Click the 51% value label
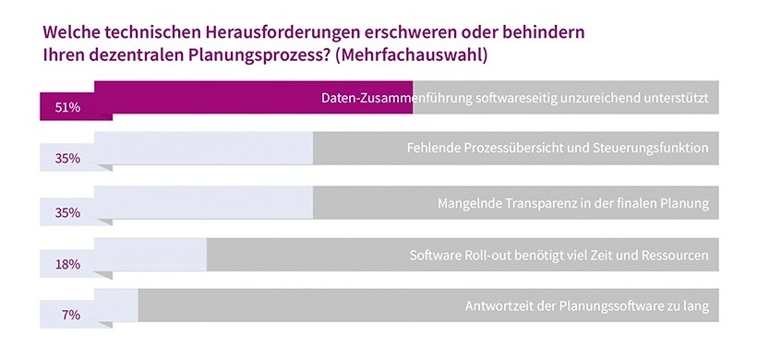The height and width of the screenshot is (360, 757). [68, 108]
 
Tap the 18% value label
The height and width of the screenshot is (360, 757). [68, 264]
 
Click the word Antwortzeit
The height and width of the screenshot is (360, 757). [495, 306]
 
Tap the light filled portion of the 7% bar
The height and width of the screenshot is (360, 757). [116, 306]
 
